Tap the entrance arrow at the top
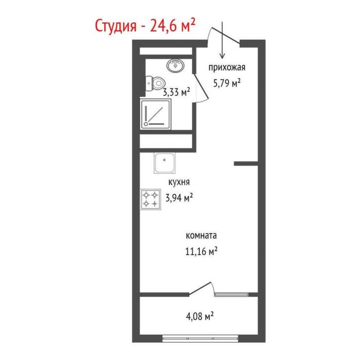pyautogui.click(x=222, y=40)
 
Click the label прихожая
pyautogui.click(x=227, y=68)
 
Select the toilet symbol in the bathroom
pyautogui.click(x=155, y=84)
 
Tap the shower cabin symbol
pyautogui.click(x=156, y=114)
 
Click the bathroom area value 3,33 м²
pyautogui.click(x=176, y=92)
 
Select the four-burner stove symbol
pyautogui.click(x=150, y=199)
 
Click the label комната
pyautogui.click(x=201, y=235)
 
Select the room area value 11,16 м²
pyautogui.click(x=201, y=252)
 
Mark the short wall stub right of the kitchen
pyautogui.click(x=245, y=162)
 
